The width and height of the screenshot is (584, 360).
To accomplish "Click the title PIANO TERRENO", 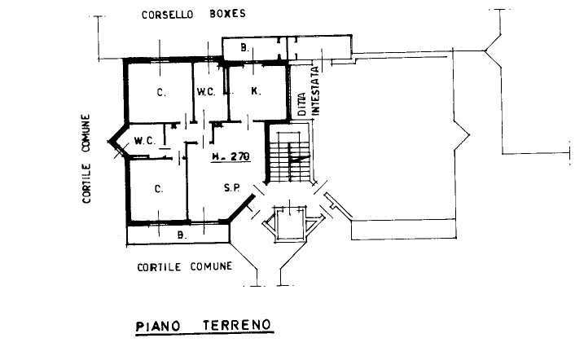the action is pyautogui.click(x=204, y=325).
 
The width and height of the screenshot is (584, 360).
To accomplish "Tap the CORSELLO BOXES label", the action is pyautogui.click(x=194, y=14).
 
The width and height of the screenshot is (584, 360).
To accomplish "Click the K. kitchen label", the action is pyautogui.click(x=256, y=91).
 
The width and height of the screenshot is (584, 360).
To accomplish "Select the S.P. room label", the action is pyautogui.click(x=231, y=188).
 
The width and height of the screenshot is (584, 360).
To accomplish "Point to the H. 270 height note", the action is pyautogui.click(x=231, y=156).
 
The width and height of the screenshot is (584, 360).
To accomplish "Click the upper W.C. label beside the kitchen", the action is pyautogui.click(x=206, y=91).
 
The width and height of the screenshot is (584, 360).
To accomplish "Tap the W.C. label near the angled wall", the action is pyautogui.click(x=145, y=141).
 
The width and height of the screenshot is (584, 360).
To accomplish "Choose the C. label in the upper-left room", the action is pyautogui.click(x=161, y=92).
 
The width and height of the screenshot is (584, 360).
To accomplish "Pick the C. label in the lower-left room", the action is pyautogui.click(x=159, y=189).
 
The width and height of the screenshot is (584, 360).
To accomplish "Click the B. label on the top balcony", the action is pyautogui.click(x=244, y=48).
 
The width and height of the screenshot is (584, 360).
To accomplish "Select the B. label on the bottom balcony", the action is pyautogui.click(x=182, y=235).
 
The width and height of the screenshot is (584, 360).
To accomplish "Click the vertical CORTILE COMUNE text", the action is pyautogui.click(x=86, y=159).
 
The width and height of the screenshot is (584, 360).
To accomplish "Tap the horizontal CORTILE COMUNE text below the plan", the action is pyautogui.click(x=185, y=267).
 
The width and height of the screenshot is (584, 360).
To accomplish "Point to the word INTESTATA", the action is pyautogui.click(x=315, y=90).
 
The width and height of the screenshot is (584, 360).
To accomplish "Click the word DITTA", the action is pyautogui.click(x=302, y=104).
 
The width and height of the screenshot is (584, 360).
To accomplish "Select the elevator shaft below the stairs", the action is pyautogui.click(x=290, y=224).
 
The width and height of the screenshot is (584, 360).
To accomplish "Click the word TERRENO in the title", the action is pyautogui.click(x=237, y=325).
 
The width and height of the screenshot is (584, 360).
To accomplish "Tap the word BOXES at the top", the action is pyautogui.click(x=227, y=14).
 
